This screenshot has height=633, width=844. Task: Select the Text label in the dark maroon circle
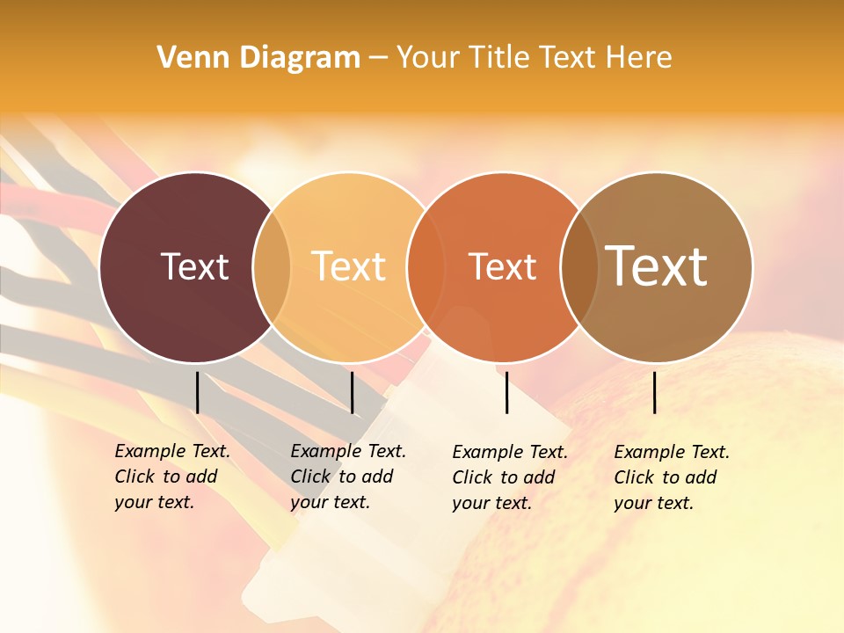(x=194, y=266)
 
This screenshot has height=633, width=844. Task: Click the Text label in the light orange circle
(x=349, y=266)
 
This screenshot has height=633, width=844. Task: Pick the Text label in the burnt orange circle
(x=502, y=267)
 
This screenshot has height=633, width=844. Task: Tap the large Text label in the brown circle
(x=657, y=266)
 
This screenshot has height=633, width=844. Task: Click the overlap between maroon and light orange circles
(x=272, y=267)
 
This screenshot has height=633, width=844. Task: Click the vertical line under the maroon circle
(x=198, y=392)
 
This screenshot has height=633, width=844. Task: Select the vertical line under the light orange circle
(x=353, y=392)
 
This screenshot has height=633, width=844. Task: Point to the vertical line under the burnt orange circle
(x=507, y=392)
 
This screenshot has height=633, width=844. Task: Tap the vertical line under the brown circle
(x=655, y=392)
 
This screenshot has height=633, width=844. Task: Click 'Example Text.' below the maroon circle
(x=172, y=452)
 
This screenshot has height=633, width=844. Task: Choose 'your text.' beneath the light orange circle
(x=330, y=503)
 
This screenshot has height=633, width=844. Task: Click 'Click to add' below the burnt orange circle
(x=504, y=477)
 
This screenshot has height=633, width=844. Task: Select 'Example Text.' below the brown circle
(x=672, y=453)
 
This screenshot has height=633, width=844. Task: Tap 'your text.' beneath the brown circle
(x=653, y=504)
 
